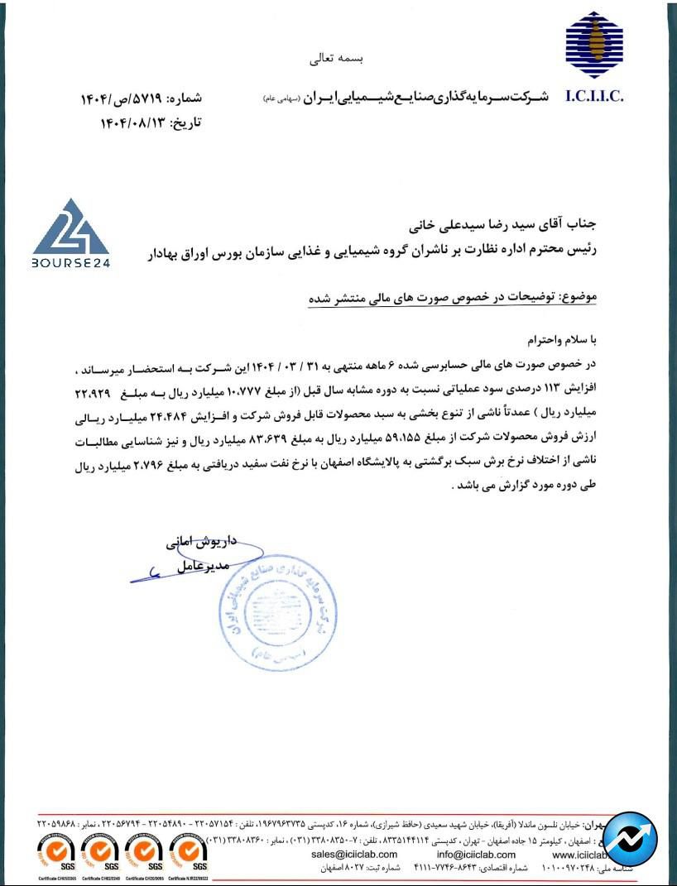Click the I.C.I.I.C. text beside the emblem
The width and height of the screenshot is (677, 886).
tap(594, 97)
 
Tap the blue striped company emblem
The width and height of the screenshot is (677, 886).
tap(594, 45)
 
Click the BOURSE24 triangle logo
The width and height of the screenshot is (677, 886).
tap(71, 232)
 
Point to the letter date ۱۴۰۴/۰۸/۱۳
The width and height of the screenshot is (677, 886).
tap(132, 122)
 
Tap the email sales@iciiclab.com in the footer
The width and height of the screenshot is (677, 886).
tap(355, 854)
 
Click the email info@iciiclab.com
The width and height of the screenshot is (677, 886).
tap(476, 854)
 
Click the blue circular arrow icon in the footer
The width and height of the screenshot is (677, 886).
tap(631, 839)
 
